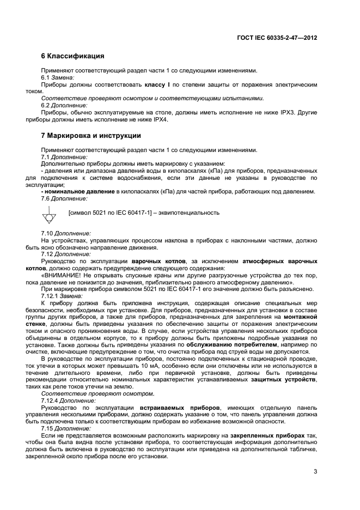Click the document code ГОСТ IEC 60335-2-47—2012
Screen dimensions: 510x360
[x=278, y=38]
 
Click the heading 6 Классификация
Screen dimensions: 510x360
[x=72, y=56]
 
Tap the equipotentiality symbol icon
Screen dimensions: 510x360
[x=49, y=217]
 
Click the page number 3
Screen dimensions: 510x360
[x=315, y=472]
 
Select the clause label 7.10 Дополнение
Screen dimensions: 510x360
[x=66, y=233]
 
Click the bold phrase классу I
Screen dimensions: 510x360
[x=158, y=86]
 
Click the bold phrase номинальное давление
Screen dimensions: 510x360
[x=78, y=191]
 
